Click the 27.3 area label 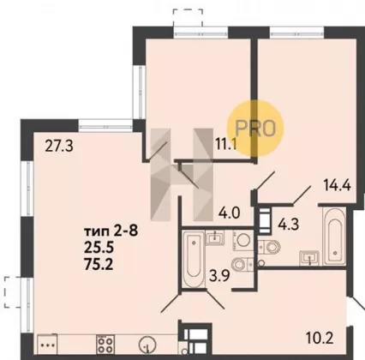click(x=59, y=146)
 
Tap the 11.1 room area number click(x=226, y=144)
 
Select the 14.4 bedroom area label click(x=337, y=184)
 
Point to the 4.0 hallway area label click(x=229, y=213)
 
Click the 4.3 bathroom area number click(x=289, y=225)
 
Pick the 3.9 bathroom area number click(x=219, y=276)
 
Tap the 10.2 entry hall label click(x=320, y=339)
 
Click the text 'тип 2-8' click(x=111, y=231)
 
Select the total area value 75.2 click(x=99, y=265)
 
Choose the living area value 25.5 click(x=99, y=248)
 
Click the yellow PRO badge click(x=255, y=128)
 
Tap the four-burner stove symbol click(x=105, y=345)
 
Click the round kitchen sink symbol click(x=147, y=345)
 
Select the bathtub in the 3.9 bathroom click(x=194, y=260)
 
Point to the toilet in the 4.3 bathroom click(x=269, y=246)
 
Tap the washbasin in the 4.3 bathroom click(x=309, y=257)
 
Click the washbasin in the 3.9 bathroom click(x=215, y=238)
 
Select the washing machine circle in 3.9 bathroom click(x=243, y=239)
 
